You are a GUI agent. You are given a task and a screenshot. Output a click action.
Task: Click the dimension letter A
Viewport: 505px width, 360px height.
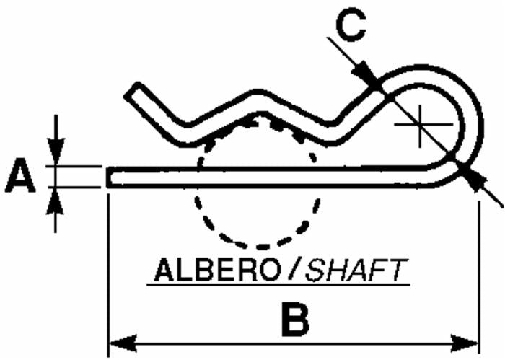click(x=20, y=176)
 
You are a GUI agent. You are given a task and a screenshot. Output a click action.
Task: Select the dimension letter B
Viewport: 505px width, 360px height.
click(x=295, y=319)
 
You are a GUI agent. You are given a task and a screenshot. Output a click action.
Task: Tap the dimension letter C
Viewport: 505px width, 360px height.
click(x=351, y=25)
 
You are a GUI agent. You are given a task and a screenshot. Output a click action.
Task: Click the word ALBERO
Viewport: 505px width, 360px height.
click(x=217, y=270)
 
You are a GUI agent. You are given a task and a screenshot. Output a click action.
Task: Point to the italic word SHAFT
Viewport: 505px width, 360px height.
click(x=356, y=270)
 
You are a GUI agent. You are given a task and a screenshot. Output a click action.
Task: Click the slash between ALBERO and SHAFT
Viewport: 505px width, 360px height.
click(x=294, y=270)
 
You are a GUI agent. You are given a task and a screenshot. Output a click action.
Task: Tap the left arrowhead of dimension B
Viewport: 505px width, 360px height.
click(x=123, y=343)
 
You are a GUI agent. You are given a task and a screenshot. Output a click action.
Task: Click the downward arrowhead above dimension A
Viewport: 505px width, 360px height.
click(x=56, y=152)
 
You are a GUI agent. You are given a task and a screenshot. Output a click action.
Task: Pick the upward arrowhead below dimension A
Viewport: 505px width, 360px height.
click(x=55, y=201)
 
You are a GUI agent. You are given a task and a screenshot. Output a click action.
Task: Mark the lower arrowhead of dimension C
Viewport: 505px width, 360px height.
click(x=472, y=179)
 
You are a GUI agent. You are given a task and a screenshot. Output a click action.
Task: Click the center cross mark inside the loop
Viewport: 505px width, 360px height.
click(x=421, y=124)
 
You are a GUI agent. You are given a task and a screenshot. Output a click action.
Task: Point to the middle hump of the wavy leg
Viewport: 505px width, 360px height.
click(x=261, y=102)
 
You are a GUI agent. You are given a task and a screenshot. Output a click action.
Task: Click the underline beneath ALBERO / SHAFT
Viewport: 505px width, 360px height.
click(x=278, y=284)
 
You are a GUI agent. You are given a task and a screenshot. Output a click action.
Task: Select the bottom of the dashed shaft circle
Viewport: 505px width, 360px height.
click(x=263, y=247)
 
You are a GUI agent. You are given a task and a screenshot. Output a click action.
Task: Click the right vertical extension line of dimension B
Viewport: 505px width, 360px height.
click(x=480, y=278)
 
